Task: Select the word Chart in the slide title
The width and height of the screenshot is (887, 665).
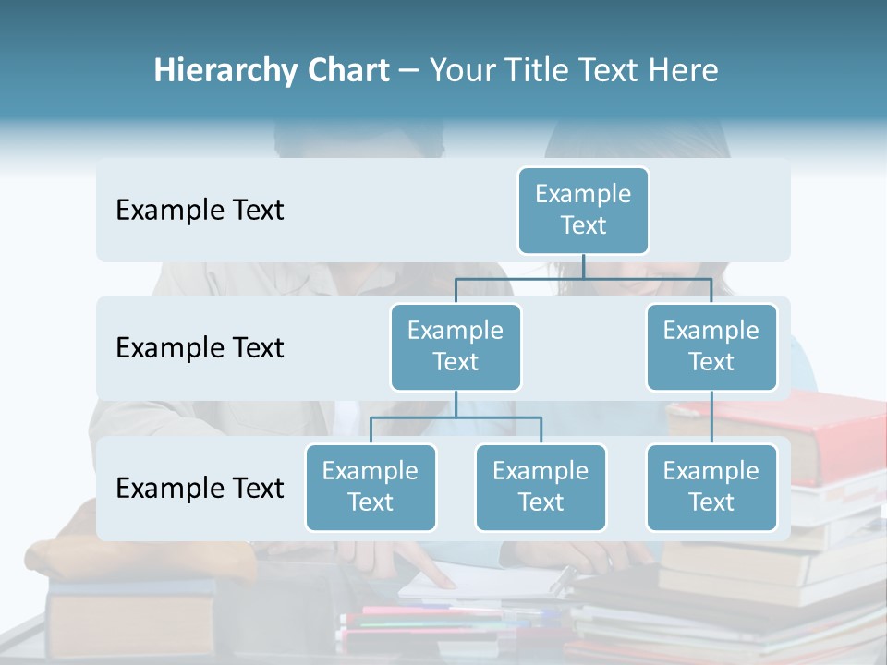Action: [x=346, y=70]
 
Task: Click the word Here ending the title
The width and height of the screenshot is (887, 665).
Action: [x=684, y=70]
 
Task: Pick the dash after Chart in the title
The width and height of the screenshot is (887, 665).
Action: [x=409, y=71]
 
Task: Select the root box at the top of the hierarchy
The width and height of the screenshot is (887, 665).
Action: [x=583, y=210]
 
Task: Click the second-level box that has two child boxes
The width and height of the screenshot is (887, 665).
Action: [x=456, y=346]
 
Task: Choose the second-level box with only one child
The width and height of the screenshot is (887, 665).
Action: [x=711, y=346]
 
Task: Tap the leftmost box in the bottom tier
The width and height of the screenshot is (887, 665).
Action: [x=371, y=487]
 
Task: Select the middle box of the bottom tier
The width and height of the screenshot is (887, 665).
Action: [x=541, y=487]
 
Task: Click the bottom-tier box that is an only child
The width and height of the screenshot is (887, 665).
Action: [x=711, y=487]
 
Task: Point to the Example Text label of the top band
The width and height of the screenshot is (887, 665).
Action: [x=200, y=210]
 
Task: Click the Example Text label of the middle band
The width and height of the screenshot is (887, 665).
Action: [x=200, y=347]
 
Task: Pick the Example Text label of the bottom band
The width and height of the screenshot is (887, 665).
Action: [x=200, y=488]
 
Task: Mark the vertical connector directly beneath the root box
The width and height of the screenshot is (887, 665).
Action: [x=583, y=266]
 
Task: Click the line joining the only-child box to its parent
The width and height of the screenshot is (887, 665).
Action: [x=711, y=417]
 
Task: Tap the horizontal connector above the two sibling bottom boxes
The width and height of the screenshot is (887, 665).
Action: [x=456, y=417]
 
